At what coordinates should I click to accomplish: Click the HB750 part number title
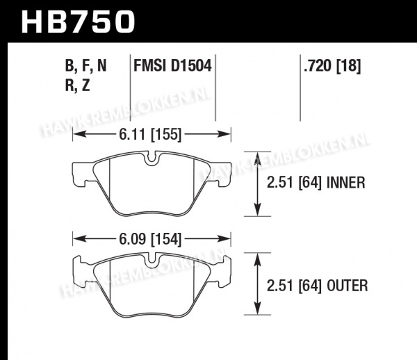click(x=78, y=22)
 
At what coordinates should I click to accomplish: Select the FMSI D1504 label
click(x=172, y=65)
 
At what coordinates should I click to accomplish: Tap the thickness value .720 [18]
click(x=332, y=65)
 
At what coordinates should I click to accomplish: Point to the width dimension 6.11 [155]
click(x=150, y=134)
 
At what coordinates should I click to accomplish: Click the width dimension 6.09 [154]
click(x=150, y=239)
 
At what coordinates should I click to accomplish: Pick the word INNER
click(x=345, y=183)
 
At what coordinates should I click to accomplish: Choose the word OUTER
click(x=347, y=286)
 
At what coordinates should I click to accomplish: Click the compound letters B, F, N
click(x=85, y=65)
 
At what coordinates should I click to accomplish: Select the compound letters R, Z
click(x=78, y=85)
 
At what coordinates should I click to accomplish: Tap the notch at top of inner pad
click(x=152, y=158)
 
